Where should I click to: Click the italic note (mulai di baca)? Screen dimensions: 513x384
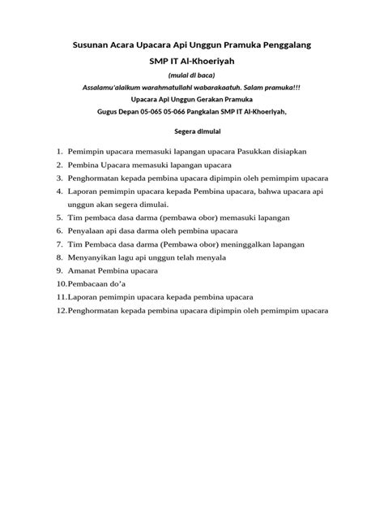click(x=192, y=75)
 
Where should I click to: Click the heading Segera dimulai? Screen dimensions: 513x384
click(x=192, y=129)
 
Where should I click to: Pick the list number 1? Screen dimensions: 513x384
click(x=60, y=152)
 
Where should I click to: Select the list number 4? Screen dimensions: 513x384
click(x=60, y=192)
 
